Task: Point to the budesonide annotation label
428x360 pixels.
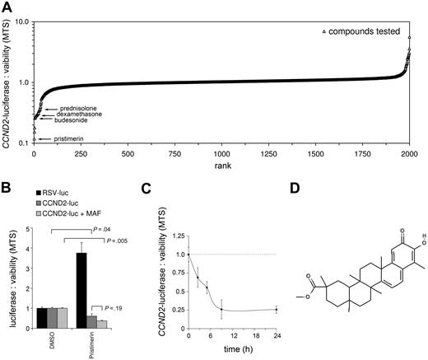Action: click(x=67, y=120)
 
